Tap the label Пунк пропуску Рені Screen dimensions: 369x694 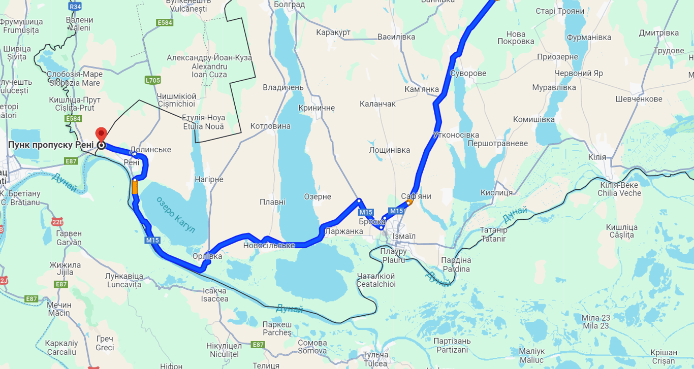[x=51, y=145]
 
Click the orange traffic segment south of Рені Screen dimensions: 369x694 [x=135, y=187]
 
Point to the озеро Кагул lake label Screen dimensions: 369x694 [x=175, y=214]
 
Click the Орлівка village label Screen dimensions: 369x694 [x=207, y=256]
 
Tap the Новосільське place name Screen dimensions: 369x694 [x=269, y=246]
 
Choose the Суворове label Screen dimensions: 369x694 [x=468, y=73]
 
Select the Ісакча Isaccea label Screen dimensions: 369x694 [x=215, y=295]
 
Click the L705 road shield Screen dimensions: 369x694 [x=152, y=80]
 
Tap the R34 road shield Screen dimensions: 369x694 [x=75, y=7]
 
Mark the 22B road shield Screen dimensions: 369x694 [x=58, y=222]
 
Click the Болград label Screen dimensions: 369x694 [x=289, y=5]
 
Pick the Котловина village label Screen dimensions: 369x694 [x=270, y=126]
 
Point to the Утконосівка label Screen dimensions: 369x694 [x=456, y=135]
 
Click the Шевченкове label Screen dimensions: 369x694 [x=639, y=98]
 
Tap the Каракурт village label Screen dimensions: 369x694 [x=333, y=32]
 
